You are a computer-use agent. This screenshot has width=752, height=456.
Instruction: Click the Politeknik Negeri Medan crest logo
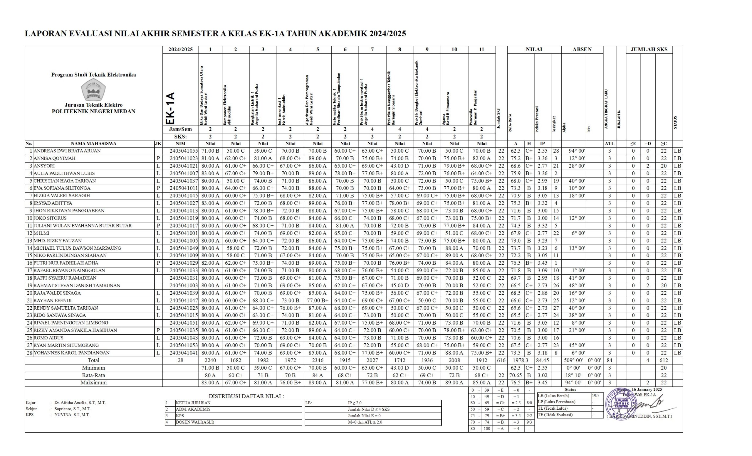[93, 90]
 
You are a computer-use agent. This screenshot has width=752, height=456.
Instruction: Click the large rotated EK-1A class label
[170, 108]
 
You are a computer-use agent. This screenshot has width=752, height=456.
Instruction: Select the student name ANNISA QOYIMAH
[54, 158]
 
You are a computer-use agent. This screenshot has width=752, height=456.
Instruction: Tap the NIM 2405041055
[184, 151]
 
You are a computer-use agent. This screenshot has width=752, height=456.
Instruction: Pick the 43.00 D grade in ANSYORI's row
[399, 166]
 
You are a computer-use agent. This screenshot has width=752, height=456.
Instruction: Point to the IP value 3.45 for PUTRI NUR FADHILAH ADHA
[542, 263]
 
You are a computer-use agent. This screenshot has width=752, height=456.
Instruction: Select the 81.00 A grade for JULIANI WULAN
[345, 226]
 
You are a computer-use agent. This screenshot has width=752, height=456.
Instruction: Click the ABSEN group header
[582, 49]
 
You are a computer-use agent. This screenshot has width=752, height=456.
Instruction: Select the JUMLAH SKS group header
[649, 49]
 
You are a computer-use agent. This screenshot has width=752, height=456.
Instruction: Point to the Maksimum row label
[93, 383]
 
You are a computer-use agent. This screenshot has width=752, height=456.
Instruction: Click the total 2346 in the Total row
[318, 361]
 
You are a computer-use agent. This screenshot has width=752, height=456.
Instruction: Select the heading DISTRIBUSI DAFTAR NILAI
[246, 396]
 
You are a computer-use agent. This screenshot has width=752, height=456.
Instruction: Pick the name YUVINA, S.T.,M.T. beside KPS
[72, 415]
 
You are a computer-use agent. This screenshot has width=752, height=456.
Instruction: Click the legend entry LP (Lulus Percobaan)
[557, 402]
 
